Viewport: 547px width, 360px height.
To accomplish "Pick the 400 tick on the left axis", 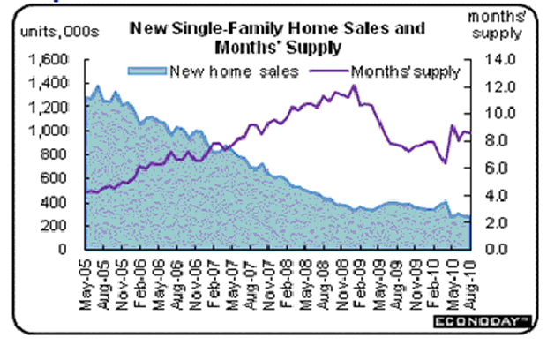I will tap(55, 202).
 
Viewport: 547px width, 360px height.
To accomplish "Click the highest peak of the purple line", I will tap(354, 86).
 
